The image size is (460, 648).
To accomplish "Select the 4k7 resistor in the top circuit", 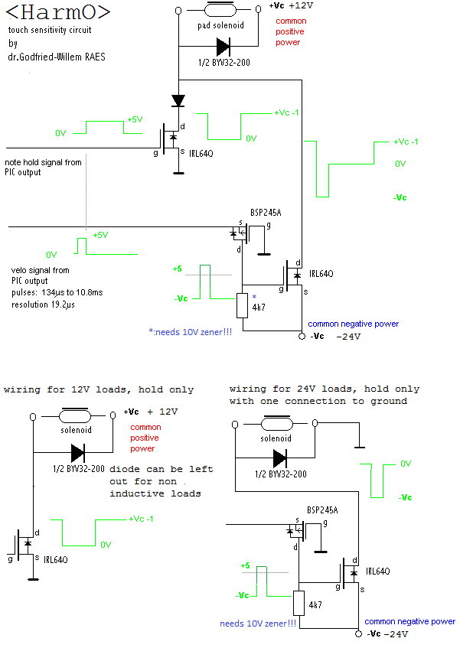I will (x=242, y=305).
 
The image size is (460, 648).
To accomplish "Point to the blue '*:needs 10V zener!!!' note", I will (x=191, y=332).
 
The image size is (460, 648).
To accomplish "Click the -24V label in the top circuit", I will (x=349, y=336).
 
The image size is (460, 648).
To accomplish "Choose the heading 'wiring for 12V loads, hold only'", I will (x=99, y=389).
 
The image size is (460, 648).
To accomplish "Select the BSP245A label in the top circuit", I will (x=266, y=212).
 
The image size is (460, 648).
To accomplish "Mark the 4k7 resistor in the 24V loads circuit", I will (x=299, y=604).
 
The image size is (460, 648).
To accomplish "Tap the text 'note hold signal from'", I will (x=44, y=162).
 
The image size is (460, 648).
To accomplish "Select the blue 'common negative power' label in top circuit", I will (x=353, y=324).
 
